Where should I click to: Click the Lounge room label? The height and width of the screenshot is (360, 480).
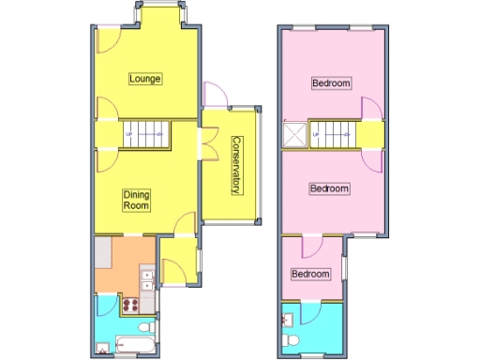tap(145, 79)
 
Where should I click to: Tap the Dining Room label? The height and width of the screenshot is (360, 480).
tap(138, 199)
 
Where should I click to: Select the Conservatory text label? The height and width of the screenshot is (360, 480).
tap(236, 166)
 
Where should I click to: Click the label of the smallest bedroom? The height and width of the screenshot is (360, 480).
tap(310, 274)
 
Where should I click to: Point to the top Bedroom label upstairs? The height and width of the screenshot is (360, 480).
tap(332, 83)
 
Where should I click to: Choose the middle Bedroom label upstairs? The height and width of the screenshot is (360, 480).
tap(329, 188)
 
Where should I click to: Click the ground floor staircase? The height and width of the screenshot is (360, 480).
tap(144, 134)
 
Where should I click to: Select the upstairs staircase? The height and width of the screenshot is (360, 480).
tap(333, 135)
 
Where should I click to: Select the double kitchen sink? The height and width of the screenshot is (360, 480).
tap(146, 278)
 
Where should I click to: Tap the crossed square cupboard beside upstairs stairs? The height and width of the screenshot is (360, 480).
tap(295, 136)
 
